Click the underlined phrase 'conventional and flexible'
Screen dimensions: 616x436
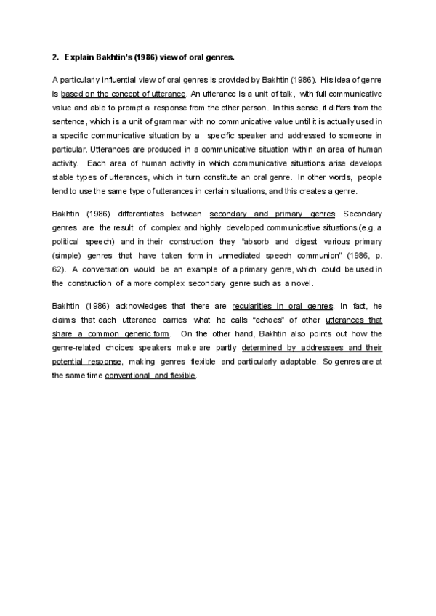coord(150,376)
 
